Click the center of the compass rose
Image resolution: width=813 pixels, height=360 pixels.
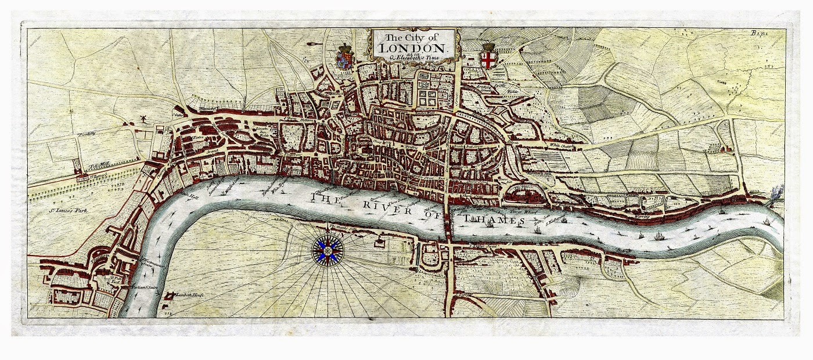329,250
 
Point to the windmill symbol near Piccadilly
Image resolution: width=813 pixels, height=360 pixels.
141,119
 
